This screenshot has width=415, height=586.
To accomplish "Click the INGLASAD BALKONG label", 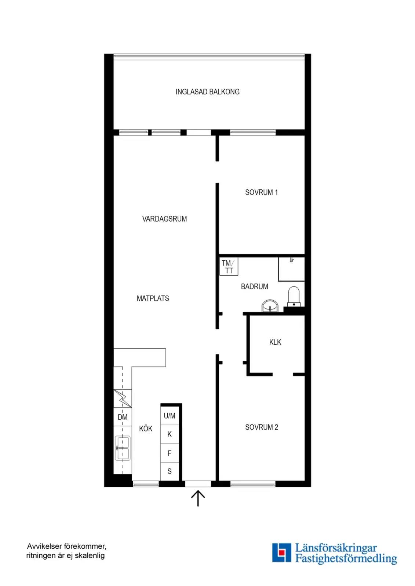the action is [x=207, y=92].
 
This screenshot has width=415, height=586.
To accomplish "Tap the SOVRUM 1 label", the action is [x=261, y=192].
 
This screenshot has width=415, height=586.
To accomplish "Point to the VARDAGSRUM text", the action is [x=164, y=219].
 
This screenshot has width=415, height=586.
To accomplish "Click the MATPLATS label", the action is [x=153, y=298].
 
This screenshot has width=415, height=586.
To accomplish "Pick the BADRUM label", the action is [x=254, y=286].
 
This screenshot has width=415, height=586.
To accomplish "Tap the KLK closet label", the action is [x=275, y=342].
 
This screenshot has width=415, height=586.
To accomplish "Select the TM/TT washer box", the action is [x=229, y=266].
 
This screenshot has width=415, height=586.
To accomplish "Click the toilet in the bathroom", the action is [x=294, y=296].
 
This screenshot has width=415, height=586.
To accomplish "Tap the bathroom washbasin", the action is [x=270, y=306].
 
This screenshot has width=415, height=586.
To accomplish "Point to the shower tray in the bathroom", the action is [x=291, y=269].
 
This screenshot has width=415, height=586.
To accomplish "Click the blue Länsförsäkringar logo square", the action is [x=281, y=553].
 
